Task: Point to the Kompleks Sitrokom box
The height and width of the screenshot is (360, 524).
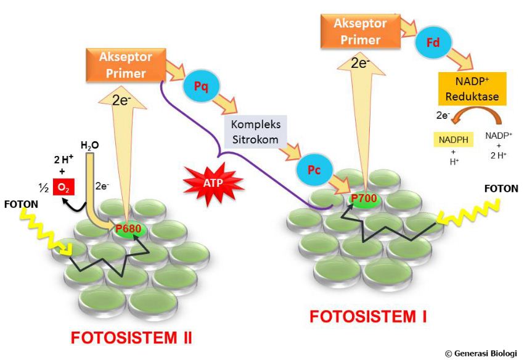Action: [255, 131]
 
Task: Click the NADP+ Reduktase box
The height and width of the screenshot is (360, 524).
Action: [472, 89]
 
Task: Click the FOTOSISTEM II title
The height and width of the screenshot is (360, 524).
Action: [131, 338]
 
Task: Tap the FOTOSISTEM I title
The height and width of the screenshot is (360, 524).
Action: [368, 317]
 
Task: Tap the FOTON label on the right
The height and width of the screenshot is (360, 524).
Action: [501, 188]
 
